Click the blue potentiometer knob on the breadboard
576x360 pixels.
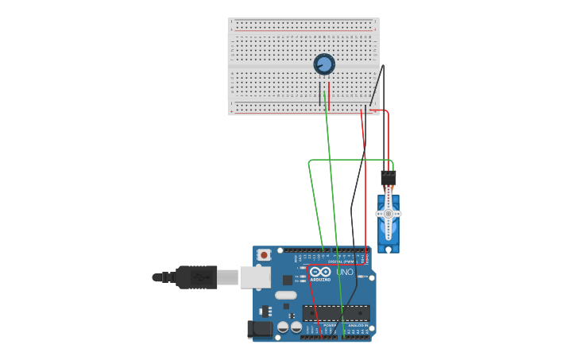point(323,64)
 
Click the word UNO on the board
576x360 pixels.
point(344,272)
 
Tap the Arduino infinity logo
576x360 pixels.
point(320,271)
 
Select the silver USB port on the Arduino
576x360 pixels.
point(255,277)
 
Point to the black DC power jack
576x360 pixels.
point(260,329)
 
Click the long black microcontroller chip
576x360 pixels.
point(335,313)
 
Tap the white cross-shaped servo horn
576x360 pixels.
point(388,213)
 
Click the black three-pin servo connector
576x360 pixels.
point(388,177)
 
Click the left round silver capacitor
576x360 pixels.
point(283,327)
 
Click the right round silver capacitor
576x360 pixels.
point(296,327)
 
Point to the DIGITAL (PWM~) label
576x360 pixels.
point(339,261)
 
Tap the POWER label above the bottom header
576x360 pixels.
point(329,325)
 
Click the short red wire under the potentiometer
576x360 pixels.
point(329,95)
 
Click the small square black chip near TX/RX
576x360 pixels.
point(287,280)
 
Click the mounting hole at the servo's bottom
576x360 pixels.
point(388,249)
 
